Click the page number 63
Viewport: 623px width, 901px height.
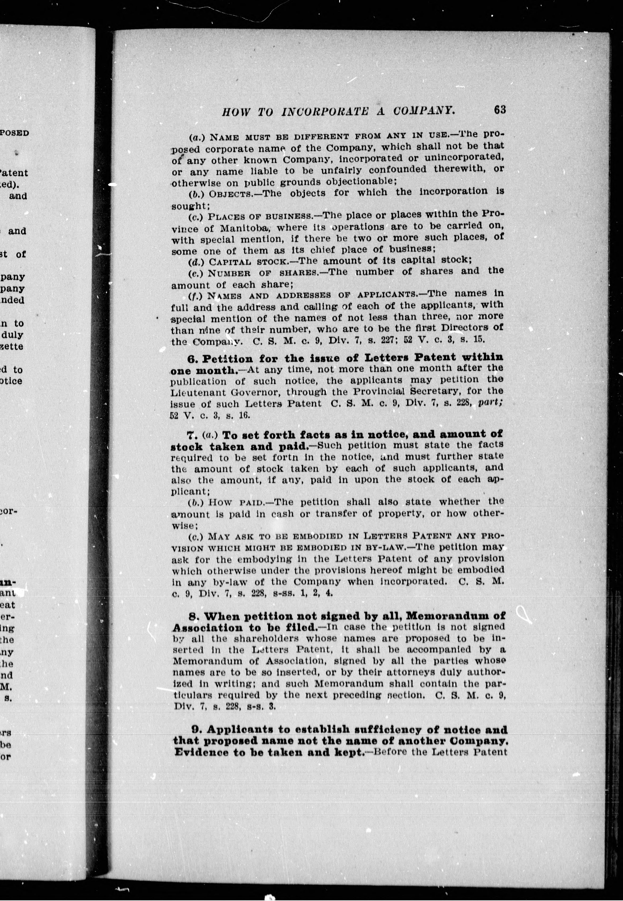coord(500,110)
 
